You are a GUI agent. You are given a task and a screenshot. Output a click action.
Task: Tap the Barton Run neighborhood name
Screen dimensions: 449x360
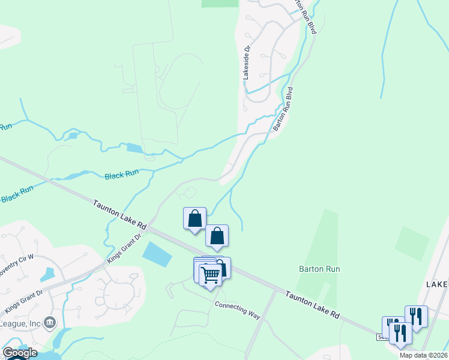[319, 269]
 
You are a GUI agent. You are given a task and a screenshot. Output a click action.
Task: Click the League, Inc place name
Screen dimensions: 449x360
[20, 323]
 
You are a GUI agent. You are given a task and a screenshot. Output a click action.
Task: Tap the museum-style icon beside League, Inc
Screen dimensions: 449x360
[50, 322]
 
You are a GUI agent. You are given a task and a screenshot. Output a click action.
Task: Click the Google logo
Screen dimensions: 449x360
[20, 352]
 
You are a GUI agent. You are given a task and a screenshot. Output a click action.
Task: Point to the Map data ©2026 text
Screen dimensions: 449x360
[424, 355]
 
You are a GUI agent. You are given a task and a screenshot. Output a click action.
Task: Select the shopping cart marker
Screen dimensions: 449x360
[210, 276]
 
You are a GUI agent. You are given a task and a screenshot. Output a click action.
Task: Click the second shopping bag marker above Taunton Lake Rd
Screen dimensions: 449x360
[217, 236]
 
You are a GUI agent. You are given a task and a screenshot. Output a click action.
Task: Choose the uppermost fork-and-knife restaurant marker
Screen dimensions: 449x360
[415, 316]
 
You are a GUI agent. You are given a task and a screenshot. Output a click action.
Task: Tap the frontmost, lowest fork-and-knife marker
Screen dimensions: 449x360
[400, 333]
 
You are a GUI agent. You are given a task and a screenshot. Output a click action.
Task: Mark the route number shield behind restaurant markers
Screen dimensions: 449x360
[382, 338]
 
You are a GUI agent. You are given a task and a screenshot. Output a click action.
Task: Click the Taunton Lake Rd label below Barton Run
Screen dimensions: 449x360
[312, 306]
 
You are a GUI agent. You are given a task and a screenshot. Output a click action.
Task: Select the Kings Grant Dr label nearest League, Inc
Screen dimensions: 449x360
[24, 301]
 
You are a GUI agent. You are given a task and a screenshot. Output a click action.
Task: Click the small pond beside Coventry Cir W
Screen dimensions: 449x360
[47, 274]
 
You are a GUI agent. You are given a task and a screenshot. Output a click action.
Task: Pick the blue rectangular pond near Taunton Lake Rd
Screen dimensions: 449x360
[157, 254]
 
